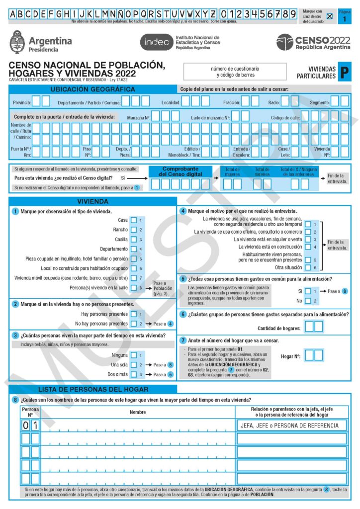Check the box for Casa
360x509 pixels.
click(133, 220)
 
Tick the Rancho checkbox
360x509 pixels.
click(133, 230)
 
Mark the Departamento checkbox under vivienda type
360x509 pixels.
click(133, 249)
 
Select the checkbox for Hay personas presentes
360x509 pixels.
click(133, 314)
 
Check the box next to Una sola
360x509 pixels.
click(133, 365)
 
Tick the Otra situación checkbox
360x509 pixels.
click(308, 267)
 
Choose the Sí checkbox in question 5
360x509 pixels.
click(308, 291)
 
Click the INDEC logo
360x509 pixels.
click(156, 42)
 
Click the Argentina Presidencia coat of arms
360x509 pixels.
click(17, 42)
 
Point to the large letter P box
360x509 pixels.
click(344, 73)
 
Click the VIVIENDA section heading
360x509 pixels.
click(92, 201)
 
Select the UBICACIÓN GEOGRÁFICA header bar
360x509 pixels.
click(92, 89)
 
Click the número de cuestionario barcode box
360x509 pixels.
click(235, 72)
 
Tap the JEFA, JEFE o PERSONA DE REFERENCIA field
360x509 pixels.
click(291, 425)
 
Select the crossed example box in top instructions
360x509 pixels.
click(329, 16)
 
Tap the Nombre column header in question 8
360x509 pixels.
click(138, 412)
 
